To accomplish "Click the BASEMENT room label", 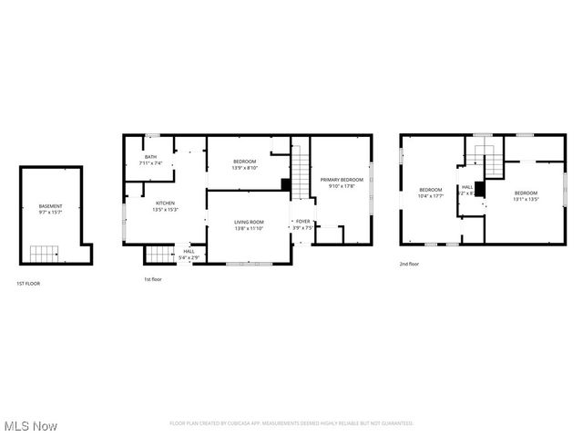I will click(x=50, y=206).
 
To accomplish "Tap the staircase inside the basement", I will click(x=43, y=253).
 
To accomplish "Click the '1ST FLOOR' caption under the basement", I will click(x=28, y=284).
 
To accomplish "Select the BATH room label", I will click(x=149, y=157).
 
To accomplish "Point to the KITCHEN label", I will click(x=165, y=203).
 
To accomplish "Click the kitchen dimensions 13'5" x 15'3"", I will click(x=165, y=210).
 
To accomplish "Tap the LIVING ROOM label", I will click(x=249, y=222).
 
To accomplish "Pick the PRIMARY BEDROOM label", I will click(x=342, y=180).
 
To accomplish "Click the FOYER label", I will click(x=302, y=222).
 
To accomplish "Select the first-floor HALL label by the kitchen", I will click(x=189, y=251).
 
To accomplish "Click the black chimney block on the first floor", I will click(x=286, y=185).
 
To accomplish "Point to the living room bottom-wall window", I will click(x=249, y=264).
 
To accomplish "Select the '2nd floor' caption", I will click(x=409, y=264).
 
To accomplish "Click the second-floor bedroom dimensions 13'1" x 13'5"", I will click(x=526, y=198).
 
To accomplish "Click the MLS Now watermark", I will click(x=30, y=426).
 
